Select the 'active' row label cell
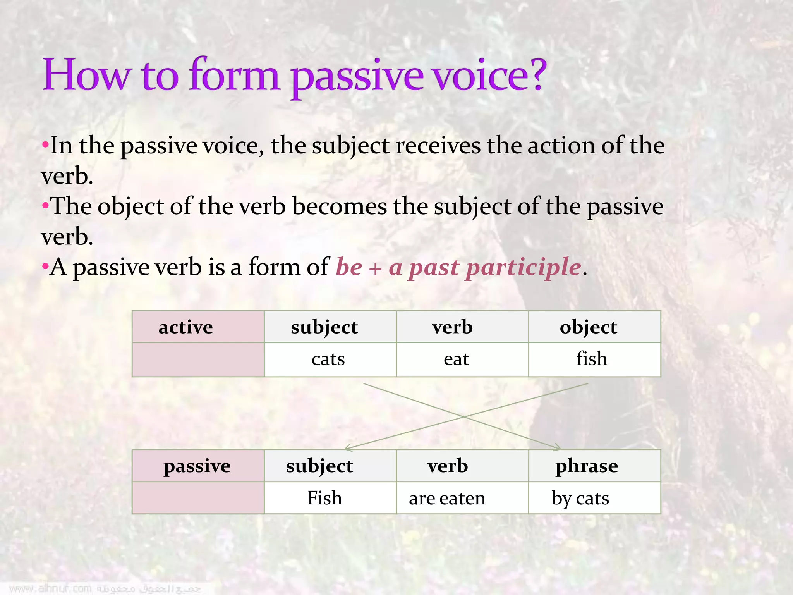(x=198, y=327)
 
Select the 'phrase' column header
(x=586, y=466)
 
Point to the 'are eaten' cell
(x=447, y=498)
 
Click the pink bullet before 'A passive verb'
(x=45, y=267)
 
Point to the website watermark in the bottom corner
(x=50, y=589)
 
